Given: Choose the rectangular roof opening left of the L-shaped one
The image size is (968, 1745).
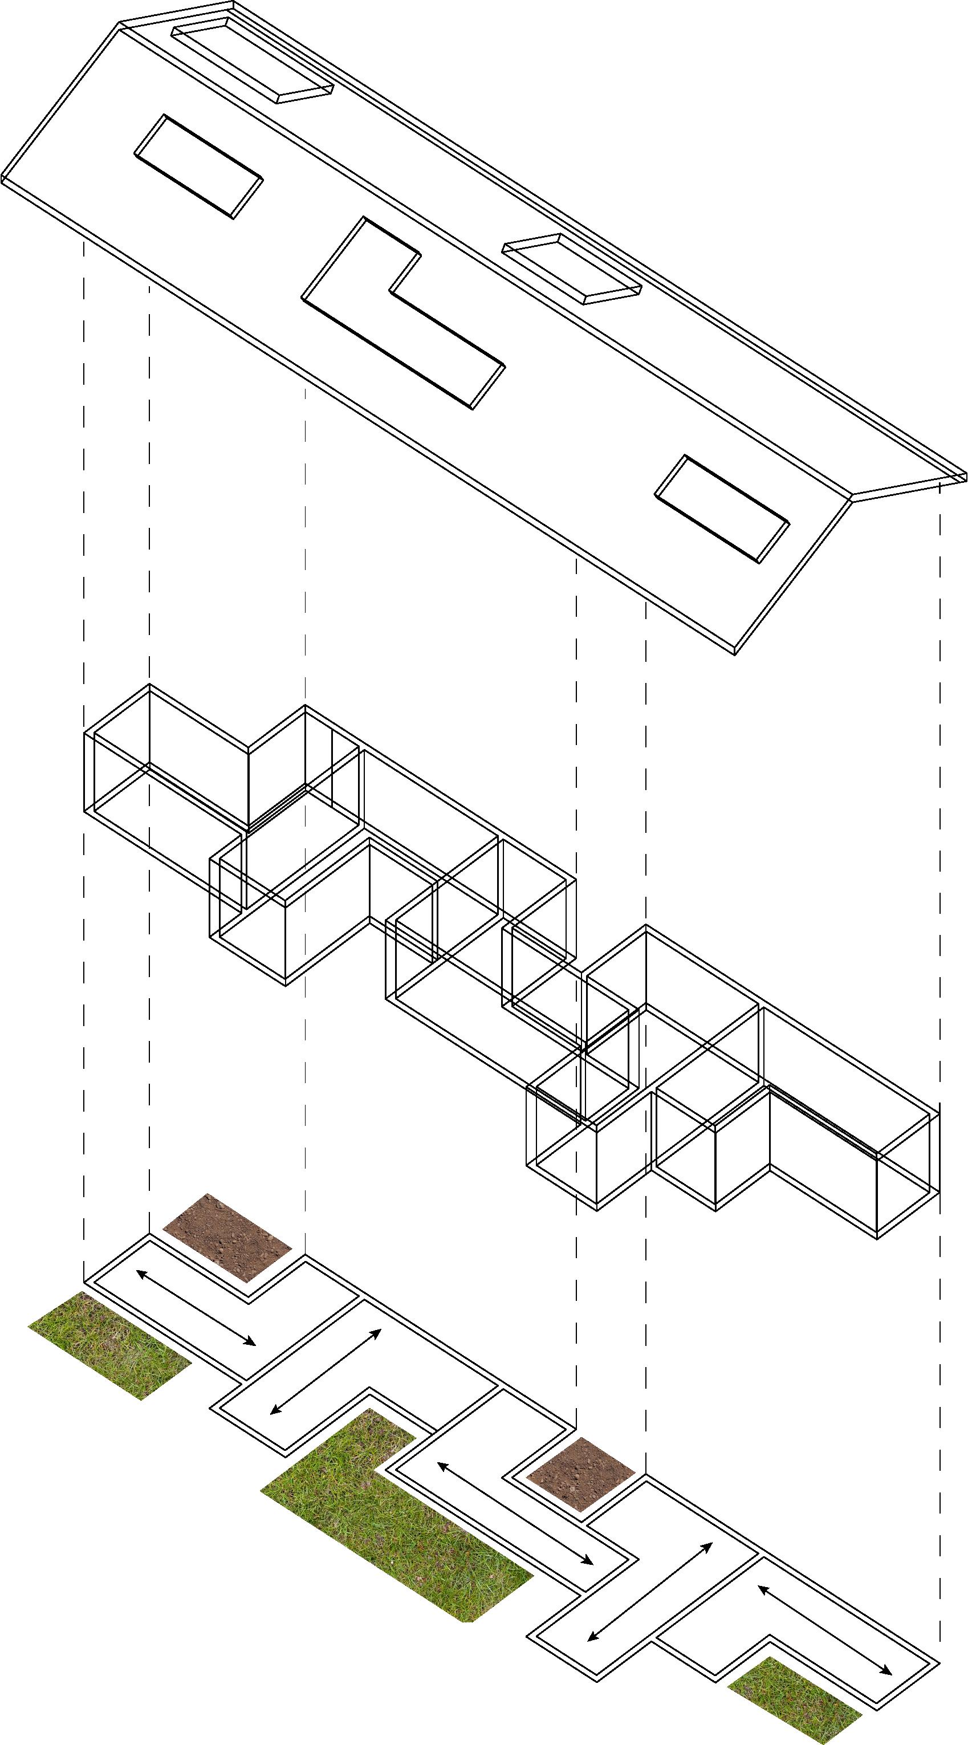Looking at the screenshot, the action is [198, 166].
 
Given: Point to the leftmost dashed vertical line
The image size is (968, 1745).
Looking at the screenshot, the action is [84, 474].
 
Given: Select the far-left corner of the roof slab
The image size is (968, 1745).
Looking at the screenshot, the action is [3, 179].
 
